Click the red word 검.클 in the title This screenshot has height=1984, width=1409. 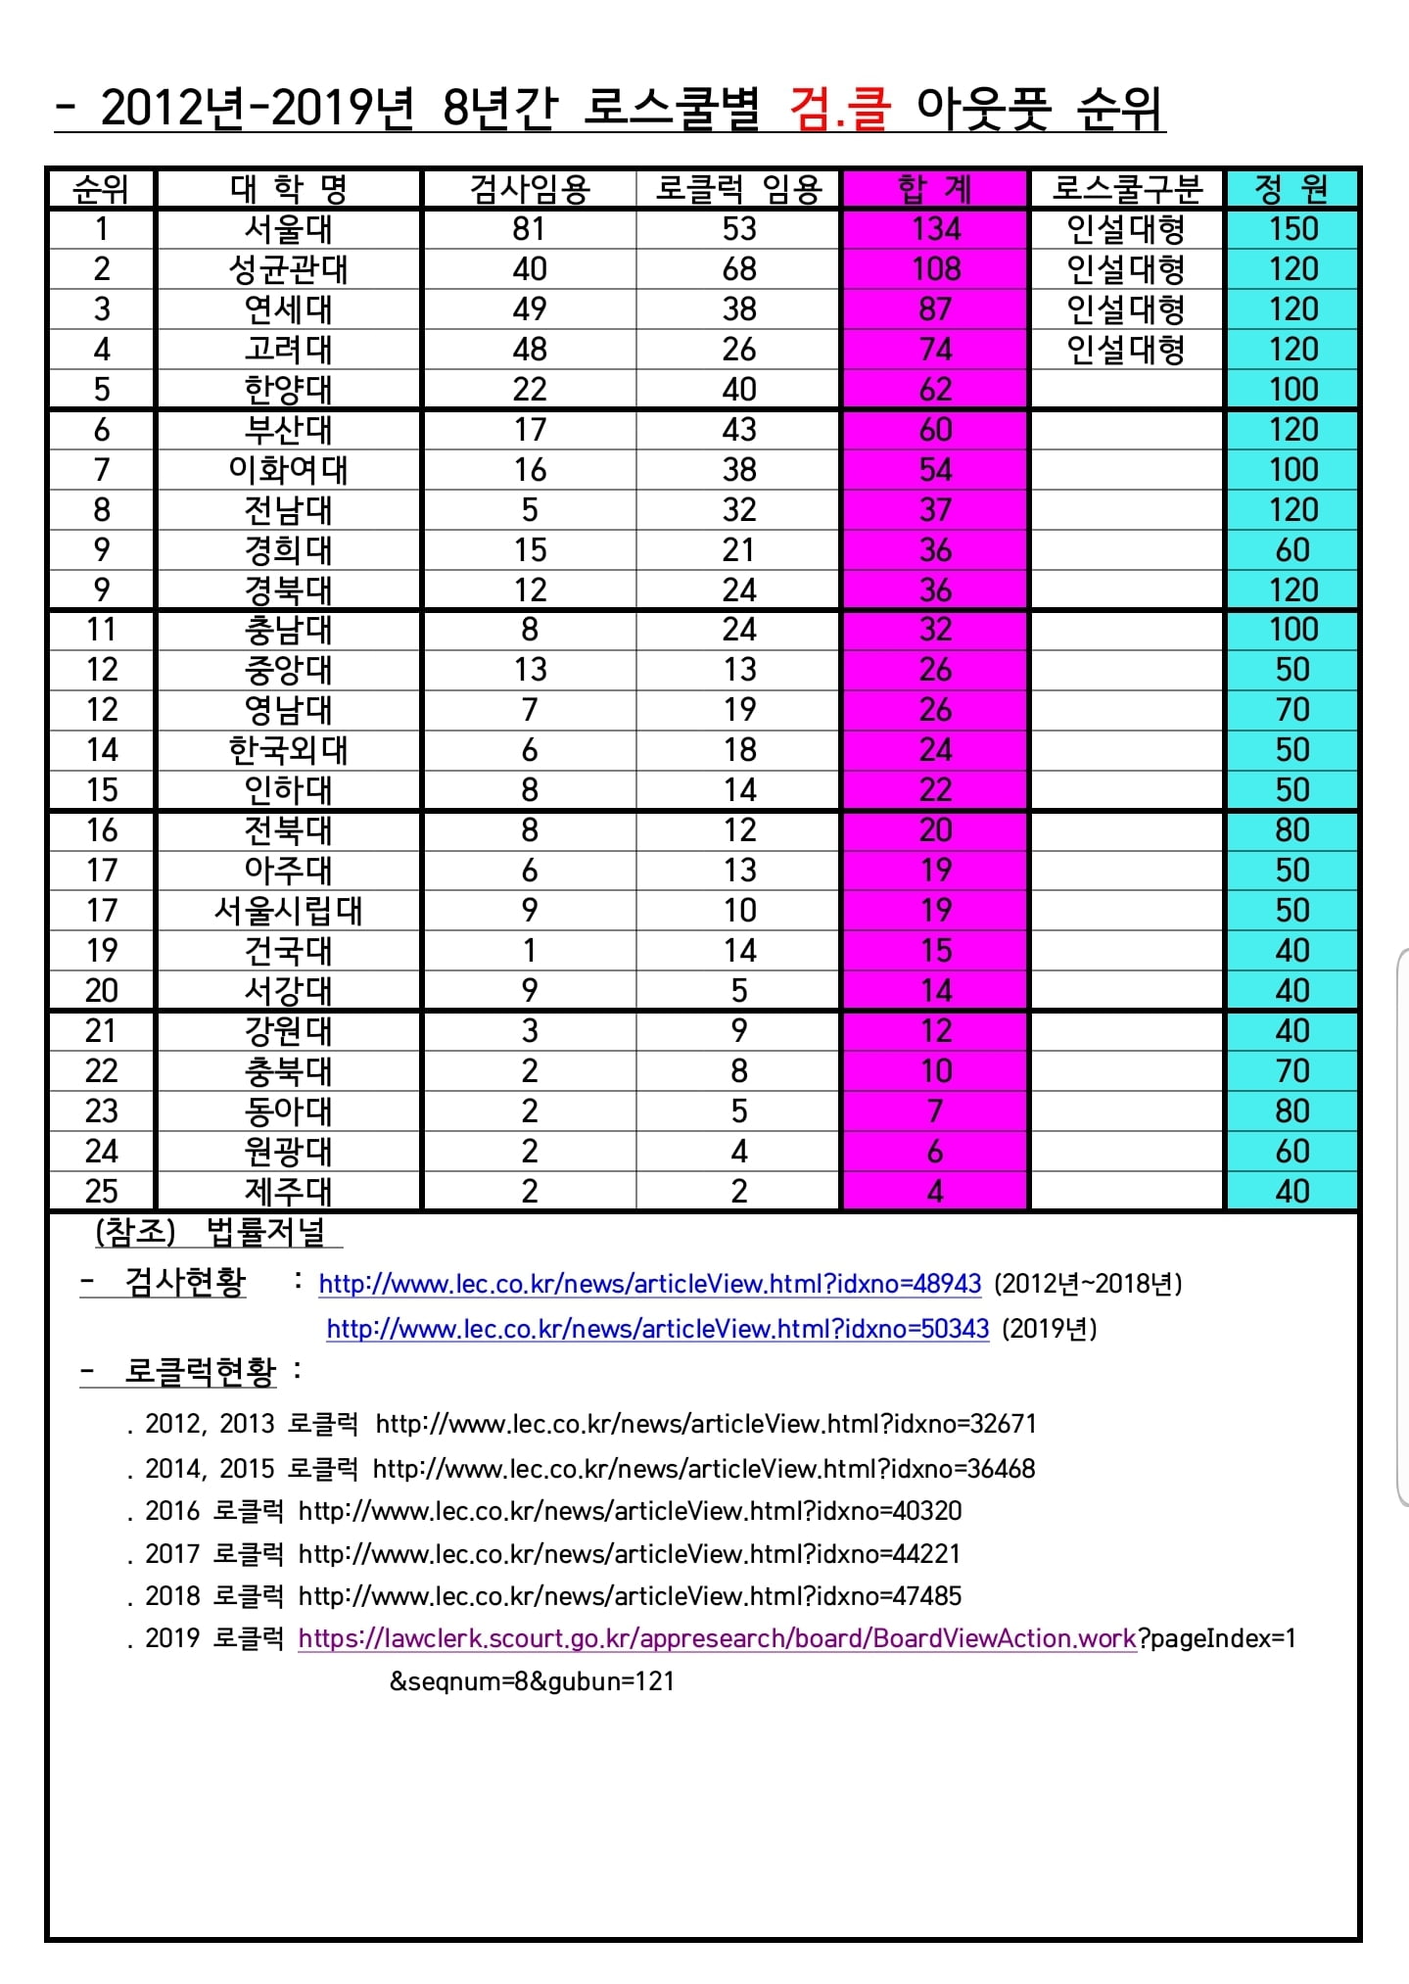tap(840, 109)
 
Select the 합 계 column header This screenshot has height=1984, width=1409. tap(935, 188)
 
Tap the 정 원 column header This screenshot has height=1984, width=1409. tap(1292, 188)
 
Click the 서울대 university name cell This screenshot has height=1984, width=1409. tap(289, 229)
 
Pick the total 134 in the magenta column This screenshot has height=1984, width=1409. tap(936, 229)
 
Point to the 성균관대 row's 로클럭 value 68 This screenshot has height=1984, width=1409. tap(739, 269)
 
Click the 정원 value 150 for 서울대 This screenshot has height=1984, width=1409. tap(1292, 229)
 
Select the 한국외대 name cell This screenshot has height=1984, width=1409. tap(289, 750)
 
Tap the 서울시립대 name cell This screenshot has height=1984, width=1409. tap(289, 911)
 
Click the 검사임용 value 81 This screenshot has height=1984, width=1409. tap(529, 229)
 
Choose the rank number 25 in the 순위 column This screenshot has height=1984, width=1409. tap(102, 1192)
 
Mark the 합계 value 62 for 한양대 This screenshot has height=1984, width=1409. tap(936, 390)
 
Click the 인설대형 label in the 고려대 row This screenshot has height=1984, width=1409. tap(1126, 350)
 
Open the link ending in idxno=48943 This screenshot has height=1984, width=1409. tap(649, 1284)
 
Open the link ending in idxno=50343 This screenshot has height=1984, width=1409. tap(657, 1329)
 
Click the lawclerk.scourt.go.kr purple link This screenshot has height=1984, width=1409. tap(717, 1638)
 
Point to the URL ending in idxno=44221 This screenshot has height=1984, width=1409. tap(629, 1554)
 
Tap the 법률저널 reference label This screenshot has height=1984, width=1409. tap(265, 1232)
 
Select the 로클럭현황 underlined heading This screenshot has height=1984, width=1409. tap(200, 1372)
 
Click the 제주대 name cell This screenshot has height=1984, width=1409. tap(289, 1192)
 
